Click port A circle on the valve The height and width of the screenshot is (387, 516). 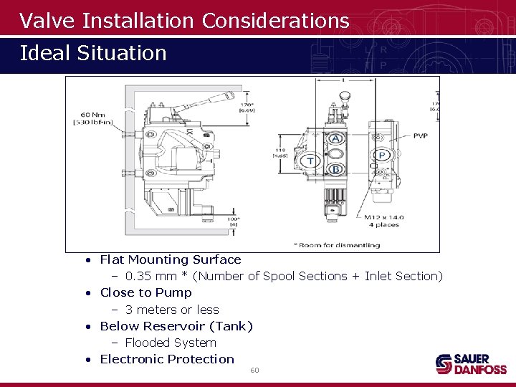click(335, 138)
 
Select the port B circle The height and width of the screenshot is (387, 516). click(335, 169)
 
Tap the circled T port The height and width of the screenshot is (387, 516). click(310, 161)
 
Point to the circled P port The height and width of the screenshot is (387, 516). click(381, 155)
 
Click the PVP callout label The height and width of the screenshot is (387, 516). click(420, 135)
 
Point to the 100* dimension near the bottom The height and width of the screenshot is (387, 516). click(233, 219)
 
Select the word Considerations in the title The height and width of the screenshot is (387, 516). click(275, 21)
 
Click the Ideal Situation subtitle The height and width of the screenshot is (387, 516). click(93, 53)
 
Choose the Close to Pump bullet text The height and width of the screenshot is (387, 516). click(145, 292)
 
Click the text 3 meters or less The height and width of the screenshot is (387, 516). click(172, 310)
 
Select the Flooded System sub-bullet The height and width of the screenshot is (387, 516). click(171, 343)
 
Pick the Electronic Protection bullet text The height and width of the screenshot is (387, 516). click(167, 359)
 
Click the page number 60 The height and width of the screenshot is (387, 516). click(254, 370)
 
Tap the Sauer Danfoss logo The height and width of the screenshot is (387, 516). click(471, 364)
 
